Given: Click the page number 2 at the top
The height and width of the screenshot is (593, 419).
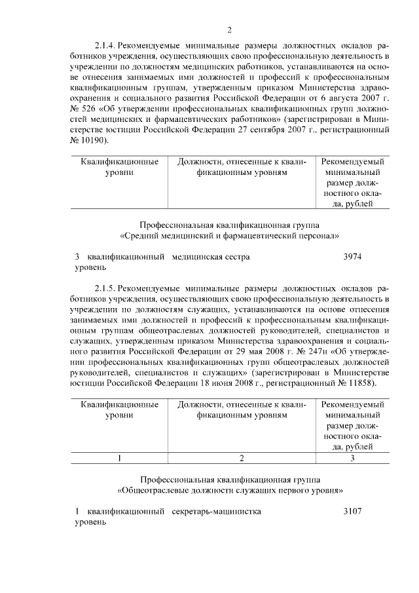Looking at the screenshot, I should pos(229,29).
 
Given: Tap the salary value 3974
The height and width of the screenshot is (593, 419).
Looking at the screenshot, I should pos(353,257).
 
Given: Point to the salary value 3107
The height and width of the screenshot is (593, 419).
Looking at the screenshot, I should pos(352,510).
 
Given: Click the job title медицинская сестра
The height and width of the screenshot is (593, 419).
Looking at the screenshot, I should pos(210,257).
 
